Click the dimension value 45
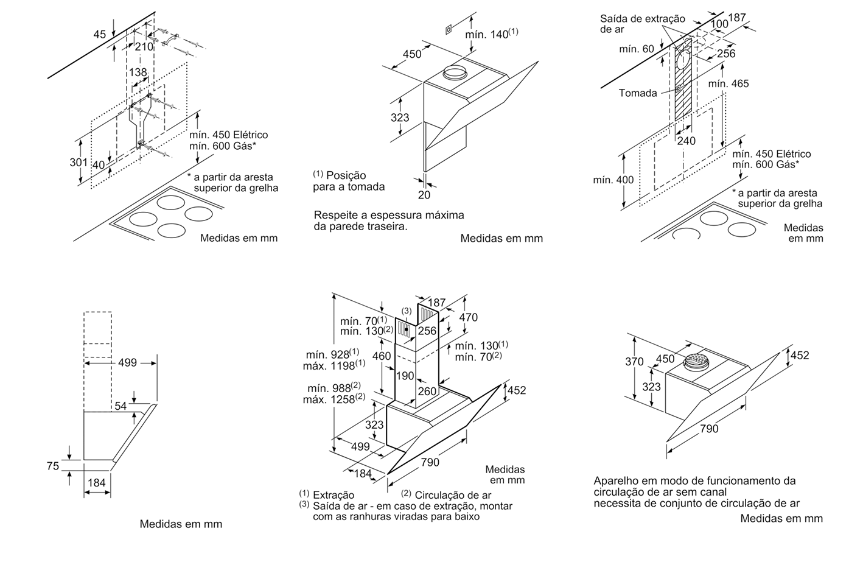pos(99,35)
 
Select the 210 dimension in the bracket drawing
pos(144,47)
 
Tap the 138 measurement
pos(138,72)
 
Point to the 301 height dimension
pos(77,162)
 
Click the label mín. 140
pos(491,34)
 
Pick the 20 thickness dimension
pos(424,195)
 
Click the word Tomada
pos(638,93)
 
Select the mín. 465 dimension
pos(728,83)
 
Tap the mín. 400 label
pos(613,180)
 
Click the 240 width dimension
pos(687,141)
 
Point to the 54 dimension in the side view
pos(121,406)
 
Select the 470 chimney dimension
pos(468,317)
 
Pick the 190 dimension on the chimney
pos(405,376)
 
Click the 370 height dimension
pos(634,362)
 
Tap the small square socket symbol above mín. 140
pos(447,29)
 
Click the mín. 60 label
pos(637,49)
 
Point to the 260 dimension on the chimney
pos(427,392)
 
